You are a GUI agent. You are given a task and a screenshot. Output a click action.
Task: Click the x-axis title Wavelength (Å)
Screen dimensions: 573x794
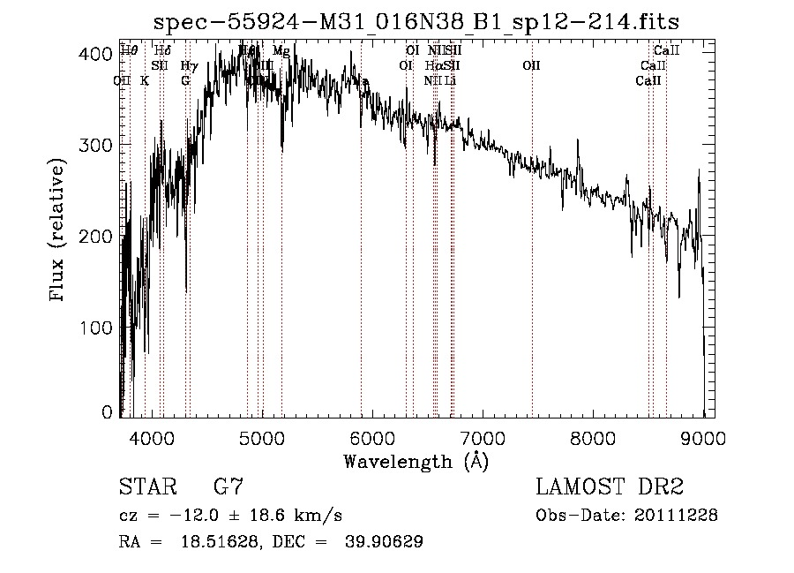click(x=416, y=460)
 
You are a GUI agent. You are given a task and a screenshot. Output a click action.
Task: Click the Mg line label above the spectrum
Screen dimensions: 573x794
click(x=281, y=51)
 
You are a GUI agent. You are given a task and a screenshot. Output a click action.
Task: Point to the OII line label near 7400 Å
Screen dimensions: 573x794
click(x=530, y=65)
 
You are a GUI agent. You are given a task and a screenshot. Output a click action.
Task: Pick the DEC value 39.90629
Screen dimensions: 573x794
click(x=384, y=542)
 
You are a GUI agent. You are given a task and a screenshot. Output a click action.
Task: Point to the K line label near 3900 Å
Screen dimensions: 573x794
click(x=145, y=80)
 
